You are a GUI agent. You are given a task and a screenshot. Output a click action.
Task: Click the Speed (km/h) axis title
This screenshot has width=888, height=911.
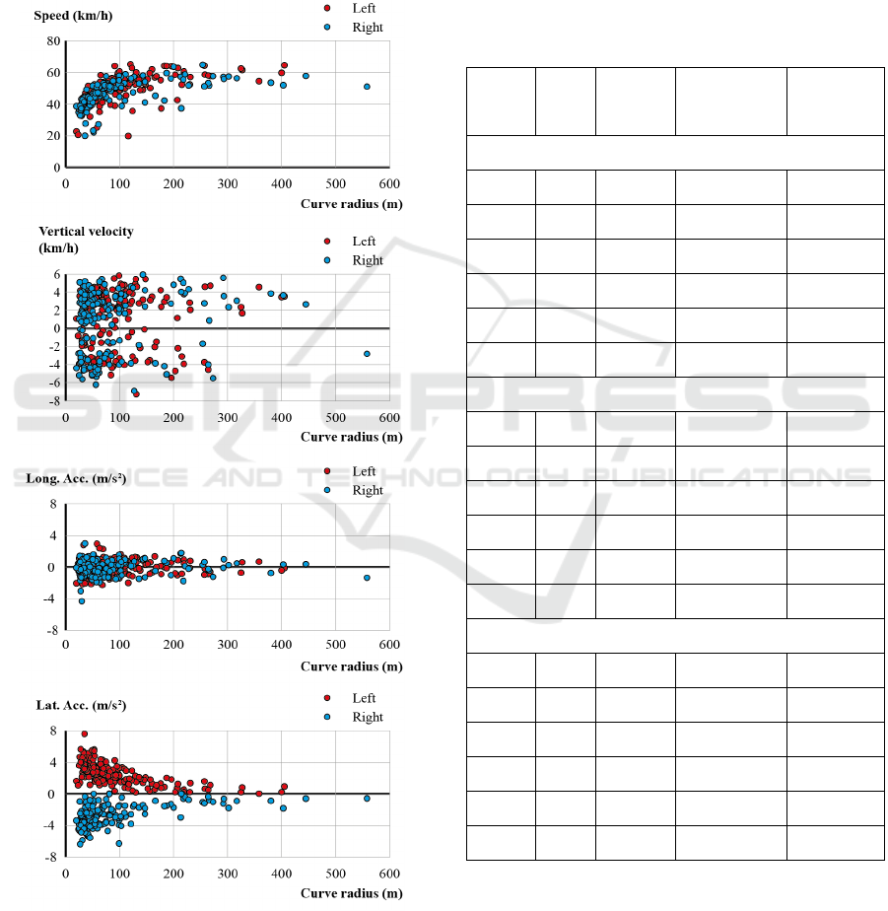(x=68, y=16)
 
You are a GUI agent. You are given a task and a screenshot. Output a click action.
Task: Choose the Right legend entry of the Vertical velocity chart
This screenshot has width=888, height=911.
(x=367, y=260)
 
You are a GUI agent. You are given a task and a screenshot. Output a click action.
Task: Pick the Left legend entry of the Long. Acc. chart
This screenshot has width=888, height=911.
(x=364, y=471)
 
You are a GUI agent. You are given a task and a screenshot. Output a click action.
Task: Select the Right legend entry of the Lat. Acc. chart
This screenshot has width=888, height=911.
(x=367, y=717)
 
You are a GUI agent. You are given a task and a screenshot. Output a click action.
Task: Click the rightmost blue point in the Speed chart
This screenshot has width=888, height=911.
(x=367, y=87)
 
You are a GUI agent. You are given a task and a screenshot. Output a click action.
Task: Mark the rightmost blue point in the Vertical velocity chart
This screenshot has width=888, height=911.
(x=367, y=353)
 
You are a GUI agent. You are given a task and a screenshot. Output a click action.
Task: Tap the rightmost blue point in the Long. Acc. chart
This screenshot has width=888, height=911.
(x=367, y=578)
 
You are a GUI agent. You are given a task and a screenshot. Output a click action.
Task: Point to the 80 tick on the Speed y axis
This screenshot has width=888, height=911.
(x=53, y=41)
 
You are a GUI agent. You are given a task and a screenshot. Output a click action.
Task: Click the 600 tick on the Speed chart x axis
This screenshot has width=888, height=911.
(x=388, y=183)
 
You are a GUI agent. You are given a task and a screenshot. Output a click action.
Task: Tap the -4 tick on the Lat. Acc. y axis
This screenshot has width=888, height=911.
(x=53, y=826)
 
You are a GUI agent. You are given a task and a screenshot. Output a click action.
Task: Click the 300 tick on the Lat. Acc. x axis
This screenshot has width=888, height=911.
(x=227, y=874)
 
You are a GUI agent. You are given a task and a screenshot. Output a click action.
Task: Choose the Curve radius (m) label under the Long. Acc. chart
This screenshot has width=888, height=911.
(x=351, y=666)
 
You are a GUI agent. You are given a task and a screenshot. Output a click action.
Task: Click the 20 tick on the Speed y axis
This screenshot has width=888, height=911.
(x=53, y=136)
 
